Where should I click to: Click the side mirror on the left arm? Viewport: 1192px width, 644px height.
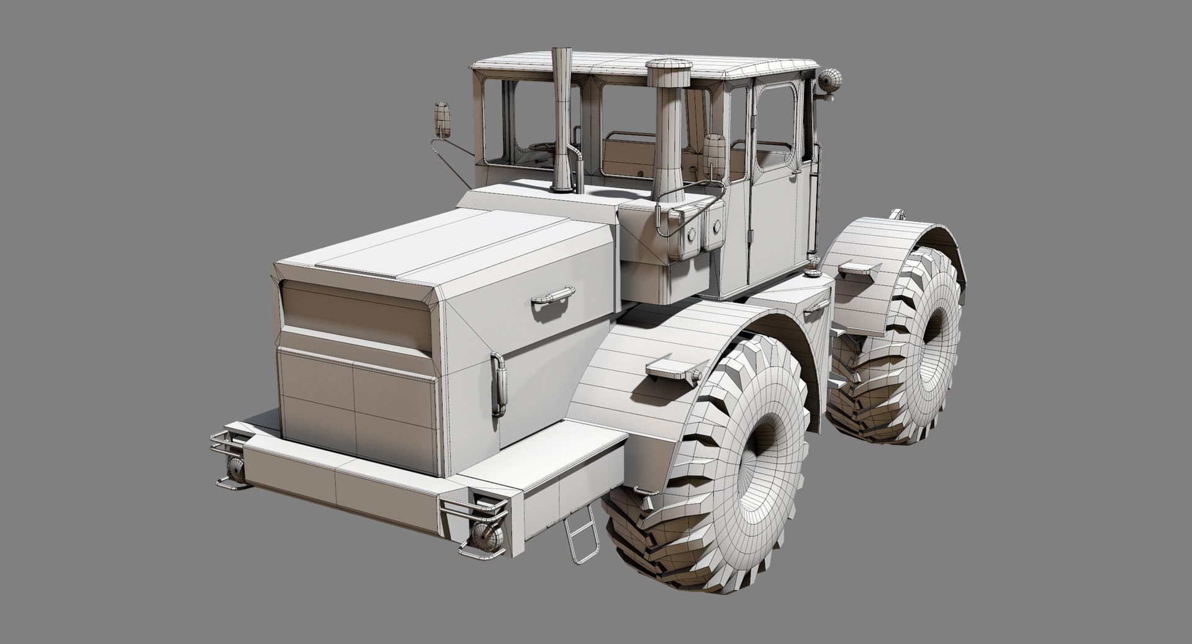tap(442, 120)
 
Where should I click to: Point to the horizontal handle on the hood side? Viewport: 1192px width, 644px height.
tap(553, 295)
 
